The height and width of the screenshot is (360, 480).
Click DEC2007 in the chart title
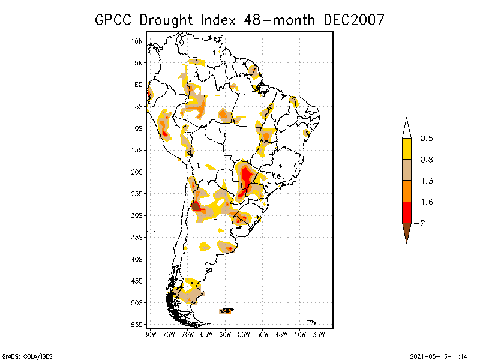(x=353, y=20)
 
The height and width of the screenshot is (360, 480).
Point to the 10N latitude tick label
(x=137, y=41)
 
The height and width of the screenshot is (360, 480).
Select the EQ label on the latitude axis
(x=139, y=85)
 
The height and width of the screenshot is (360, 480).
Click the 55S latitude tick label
(x=137, y=324)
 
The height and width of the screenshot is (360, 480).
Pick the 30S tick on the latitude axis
(x=137, y=215)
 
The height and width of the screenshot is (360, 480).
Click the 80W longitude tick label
(x=150, y=334)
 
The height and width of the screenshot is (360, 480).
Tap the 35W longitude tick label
(x=319, y=334)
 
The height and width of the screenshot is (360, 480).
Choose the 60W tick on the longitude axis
(x=225, y=334)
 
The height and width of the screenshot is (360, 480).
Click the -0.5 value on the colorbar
(x=425, y=139)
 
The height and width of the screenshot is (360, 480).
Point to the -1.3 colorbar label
(x=425, y=181)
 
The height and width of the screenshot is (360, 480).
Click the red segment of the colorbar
(x=407, y=212)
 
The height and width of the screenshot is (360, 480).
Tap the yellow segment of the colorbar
(x=407, y=149)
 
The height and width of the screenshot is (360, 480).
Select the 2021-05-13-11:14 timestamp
(x=439, y=355)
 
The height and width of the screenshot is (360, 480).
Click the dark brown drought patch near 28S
(x=196, y=206)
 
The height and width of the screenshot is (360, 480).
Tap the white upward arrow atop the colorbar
(x=407, y=128)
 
